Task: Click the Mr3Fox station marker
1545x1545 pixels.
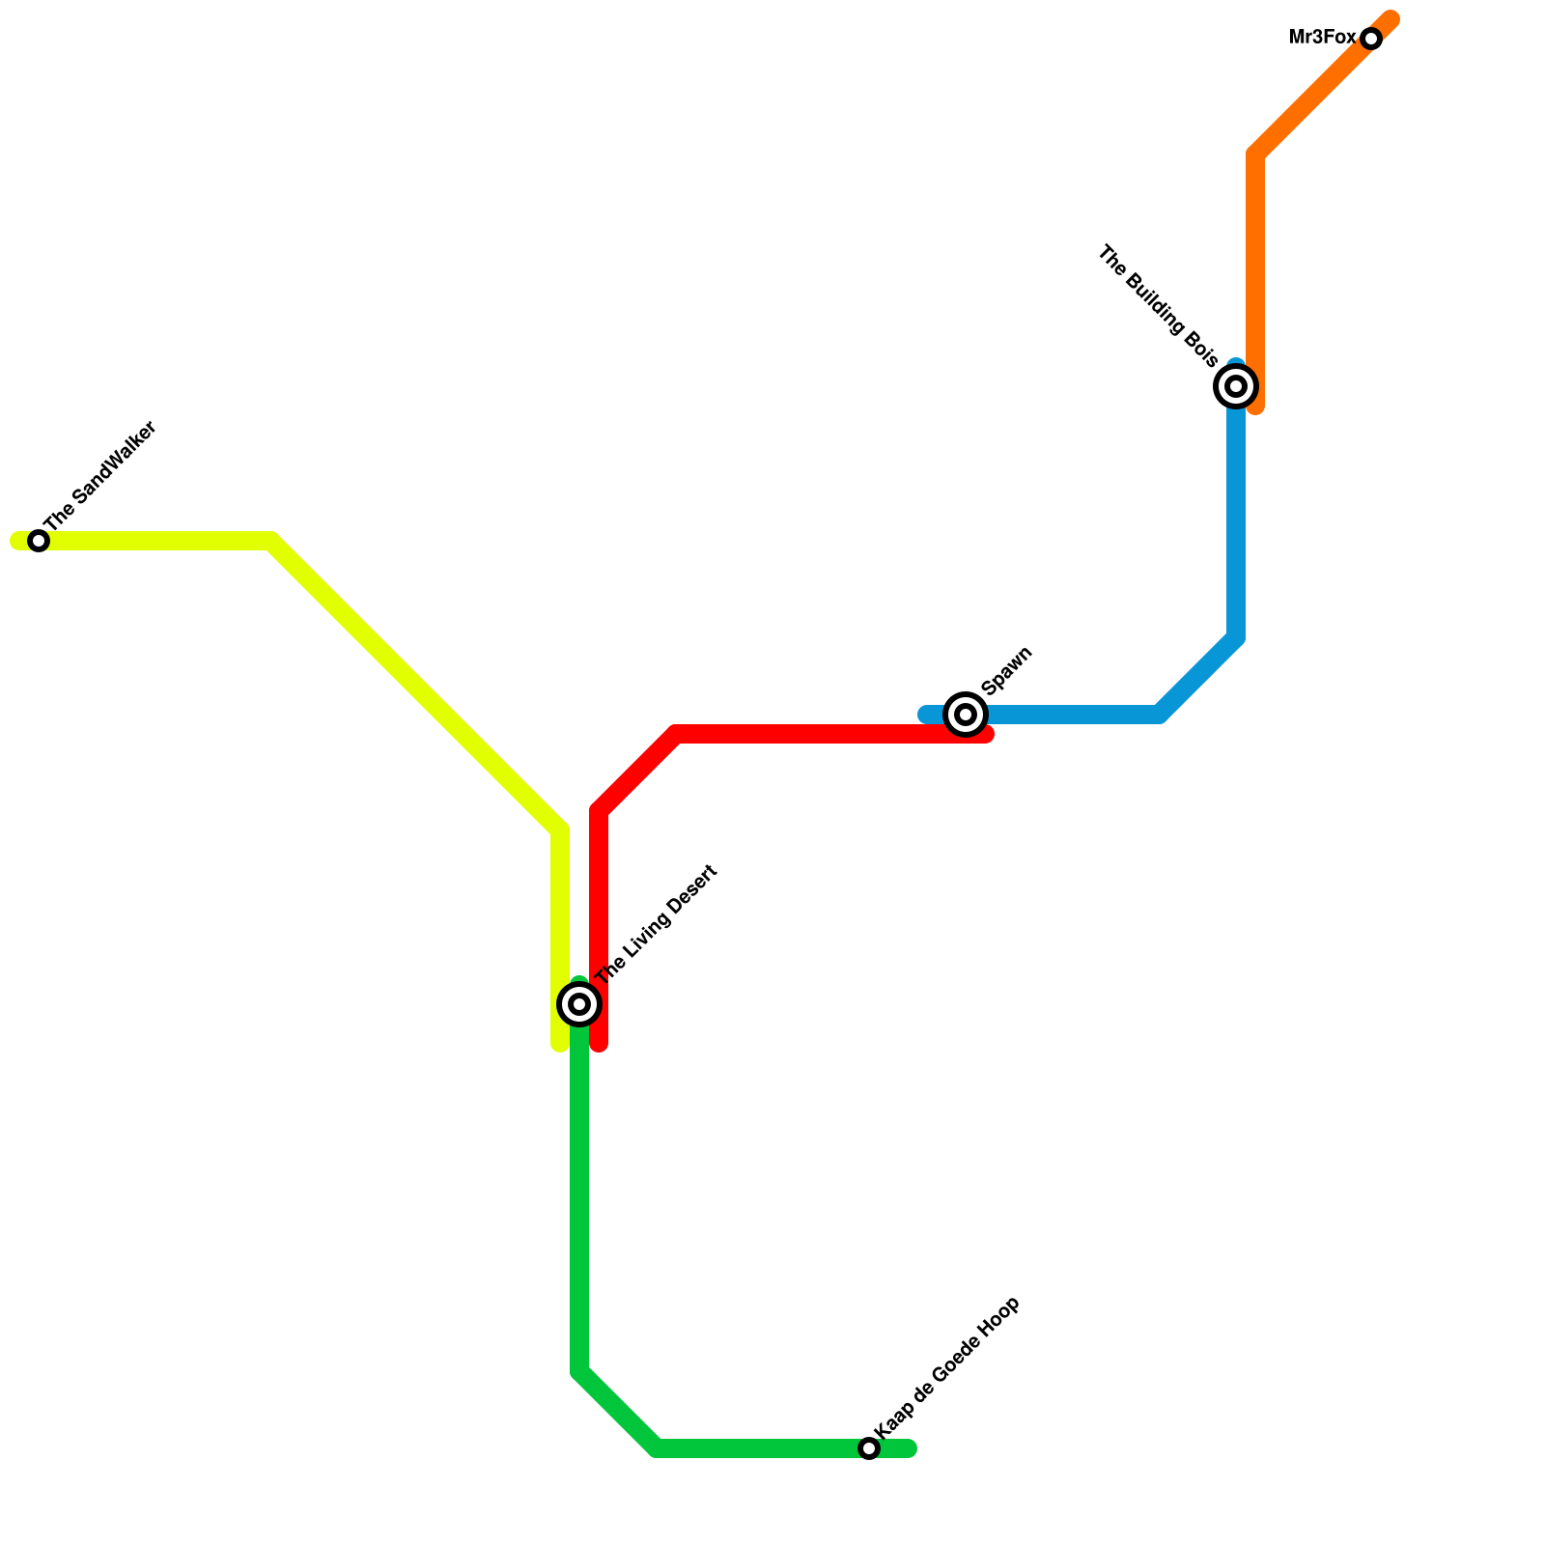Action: coord(1371,39)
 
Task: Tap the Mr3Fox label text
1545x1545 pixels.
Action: coord(1322,38)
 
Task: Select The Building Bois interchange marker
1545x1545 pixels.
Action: coord(1236,386)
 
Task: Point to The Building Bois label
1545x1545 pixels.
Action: coord(1159,307)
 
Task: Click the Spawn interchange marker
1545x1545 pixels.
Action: coord(966,715)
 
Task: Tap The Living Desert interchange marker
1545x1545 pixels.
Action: coord(579,1004)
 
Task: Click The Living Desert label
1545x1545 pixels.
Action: coord(657,925)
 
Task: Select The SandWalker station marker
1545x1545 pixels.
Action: coord(39,541)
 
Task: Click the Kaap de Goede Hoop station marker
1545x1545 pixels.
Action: coord(869,1448)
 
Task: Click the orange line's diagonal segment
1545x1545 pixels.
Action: coord(1323,87)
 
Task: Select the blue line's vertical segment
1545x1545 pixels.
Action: coord(1236,521)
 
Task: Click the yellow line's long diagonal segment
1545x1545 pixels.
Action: coord(415,686)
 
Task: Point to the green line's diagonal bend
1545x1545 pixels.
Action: coord(618,1410)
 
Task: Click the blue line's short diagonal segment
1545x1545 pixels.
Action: coord(1197,676)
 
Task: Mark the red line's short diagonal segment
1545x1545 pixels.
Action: coord(637,772)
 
